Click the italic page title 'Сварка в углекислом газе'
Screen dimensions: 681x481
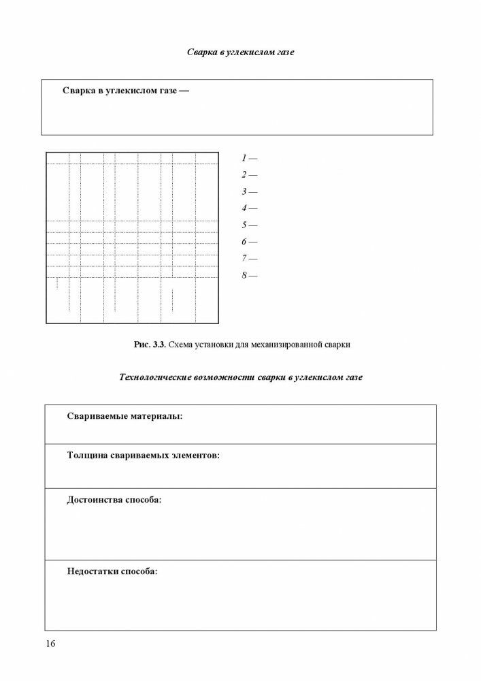point(240,52)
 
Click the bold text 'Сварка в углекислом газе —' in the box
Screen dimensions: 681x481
point(125,91)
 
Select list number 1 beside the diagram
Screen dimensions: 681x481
point(244,158)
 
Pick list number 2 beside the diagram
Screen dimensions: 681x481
point(244,175)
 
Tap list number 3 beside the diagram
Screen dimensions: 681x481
point(244,192)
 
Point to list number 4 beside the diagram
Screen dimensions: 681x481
point(244,208)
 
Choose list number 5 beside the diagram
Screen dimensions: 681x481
point(244,225)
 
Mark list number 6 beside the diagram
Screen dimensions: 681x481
point(244,242)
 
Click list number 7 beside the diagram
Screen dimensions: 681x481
point(244,259)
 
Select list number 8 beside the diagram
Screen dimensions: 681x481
point(244,276)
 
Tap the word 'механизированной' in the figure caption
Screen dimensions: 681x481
point(286,345)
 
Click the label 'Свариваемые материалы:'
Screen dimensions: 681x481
point(125,416)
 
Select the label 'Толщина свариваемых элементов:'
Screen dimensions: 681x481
point(143,455)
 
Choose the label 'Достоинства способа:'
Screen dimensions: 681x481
point(114,500)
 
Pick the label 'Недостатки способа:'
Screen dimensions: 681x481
point(112,571)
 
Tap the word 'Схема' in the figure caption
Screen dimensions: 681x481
point(182,345)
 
